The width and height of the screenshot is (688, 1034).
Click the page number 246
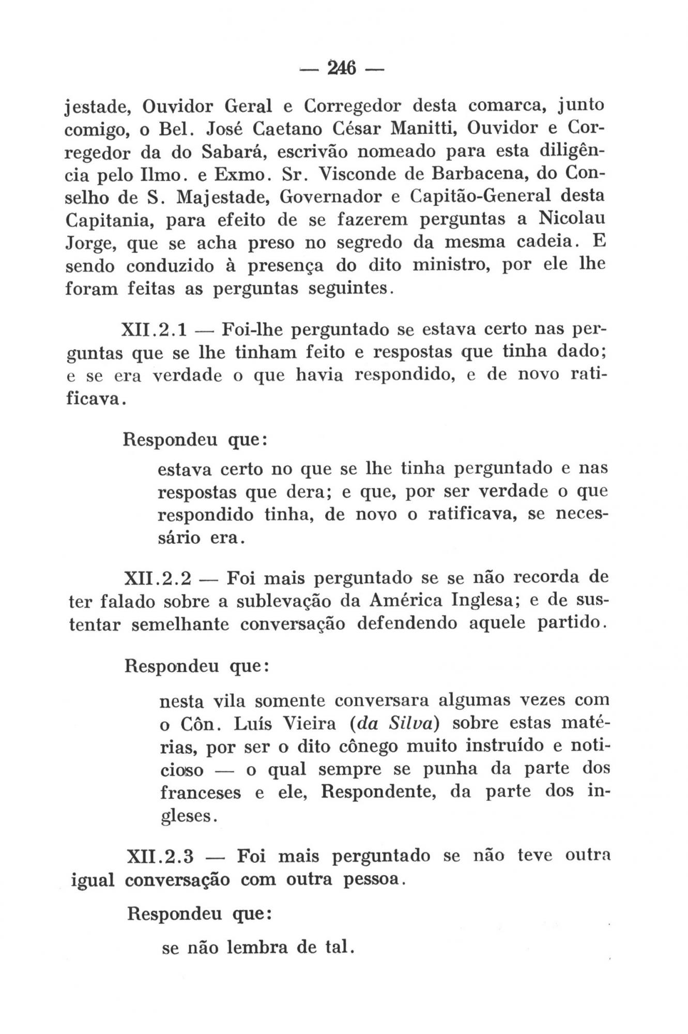(x=342, y=68)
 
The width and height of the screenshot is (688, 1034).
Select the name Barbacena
(x=475, y=174)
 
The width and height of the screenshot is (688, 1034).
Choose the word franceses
(x=201, y=793)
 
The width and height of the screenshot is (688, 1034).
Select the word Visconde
(x=358, y=174)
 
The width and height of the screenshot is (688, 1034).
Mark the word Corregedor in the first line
(x=351, y=105)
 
